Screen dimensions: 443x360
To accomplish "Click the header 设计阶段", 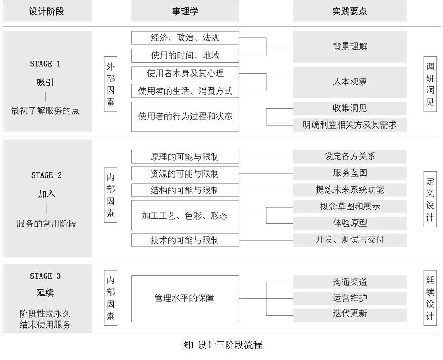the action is pyautogui.click(x=47, y=11).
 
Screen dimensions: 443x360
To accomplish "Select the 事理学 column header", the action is pyautogui.click(x=185, y=11).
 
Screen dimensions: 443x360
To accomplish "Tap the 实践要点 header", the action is pyautogui.click(x=349, y=11).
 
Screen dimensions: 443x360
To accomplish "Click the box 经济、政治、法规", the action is pyautogui.click(x=185, y=38).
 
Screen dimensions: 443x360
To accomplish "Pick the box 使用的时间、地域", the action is pyautogui.click(x=185, y=55).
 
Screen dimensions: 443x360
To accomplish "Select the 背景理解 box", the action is pyautogui.click(x=349, y=47).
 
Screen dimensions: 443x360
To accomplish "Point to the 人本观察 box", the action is pyautogui.click(x=349, y=82).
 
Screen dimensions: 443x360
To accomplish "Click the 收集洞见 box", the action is pyautogui.click(x=349, y=108).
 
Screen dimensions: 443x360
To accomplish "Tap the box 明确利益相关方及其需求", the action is pyautogui.click(x=349, y=124).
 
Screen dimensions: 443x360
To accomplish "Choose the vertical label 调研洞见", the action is pyautogui.click(x=430, y=84).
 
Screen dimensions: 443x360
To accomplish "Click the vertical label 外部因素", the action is pyautogui.click(x=110, y=84).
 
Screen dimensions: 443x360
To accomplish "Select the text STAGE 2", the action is pyautogui.click(x=47, y=175).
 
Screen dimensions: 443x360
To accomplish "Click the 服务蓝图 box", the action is pyautogui.click(x=349, y=173).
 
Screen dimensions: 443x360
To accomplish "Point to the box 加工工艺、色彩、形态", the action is pyautogui.click(x=185, y=215).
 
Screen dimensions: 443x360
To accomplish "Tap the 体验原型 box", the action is pyautogui.click(x=349, y=223).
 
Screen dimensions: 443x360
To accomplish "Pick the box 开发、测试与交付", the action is pyautogui.click(x=349, y=240).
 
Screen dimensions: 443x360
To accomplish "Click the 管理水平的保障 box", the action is pyautogui.click(x=185, y=298).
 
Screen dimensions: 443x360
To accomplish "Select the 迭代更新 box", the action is pyautogui.click(x=349, y=313).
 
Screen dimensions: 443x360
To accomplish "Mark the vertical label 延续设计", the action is pyautogui.click(x=430, y=298).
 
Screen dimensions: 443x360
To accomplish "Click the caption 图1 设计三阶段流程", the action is pyautogui.click(x=222, y=345).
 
